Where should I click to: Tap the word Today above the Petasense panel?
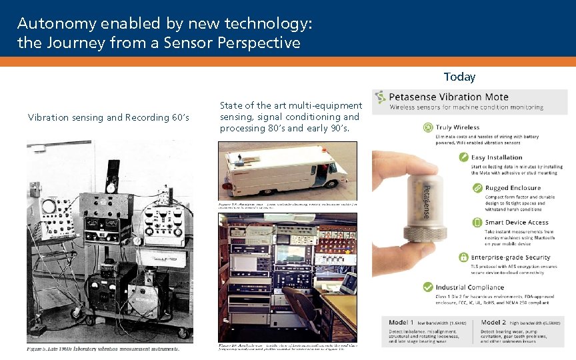pos(459,77)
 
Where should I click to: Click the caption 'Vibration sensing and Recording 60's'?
pos(109,117)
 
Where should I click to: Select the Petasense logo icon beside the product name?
pos(380,97)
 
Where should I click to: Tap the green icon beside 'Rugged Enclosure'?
pos(477,188)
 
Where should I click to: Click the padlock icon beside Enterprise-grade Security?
pos(464,257)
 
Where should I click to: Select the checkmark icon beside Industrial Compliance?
pos(428,287)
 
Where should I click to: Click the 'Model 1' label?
pos(401,323)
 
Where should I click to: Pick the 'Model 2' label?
pos(493,323)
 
